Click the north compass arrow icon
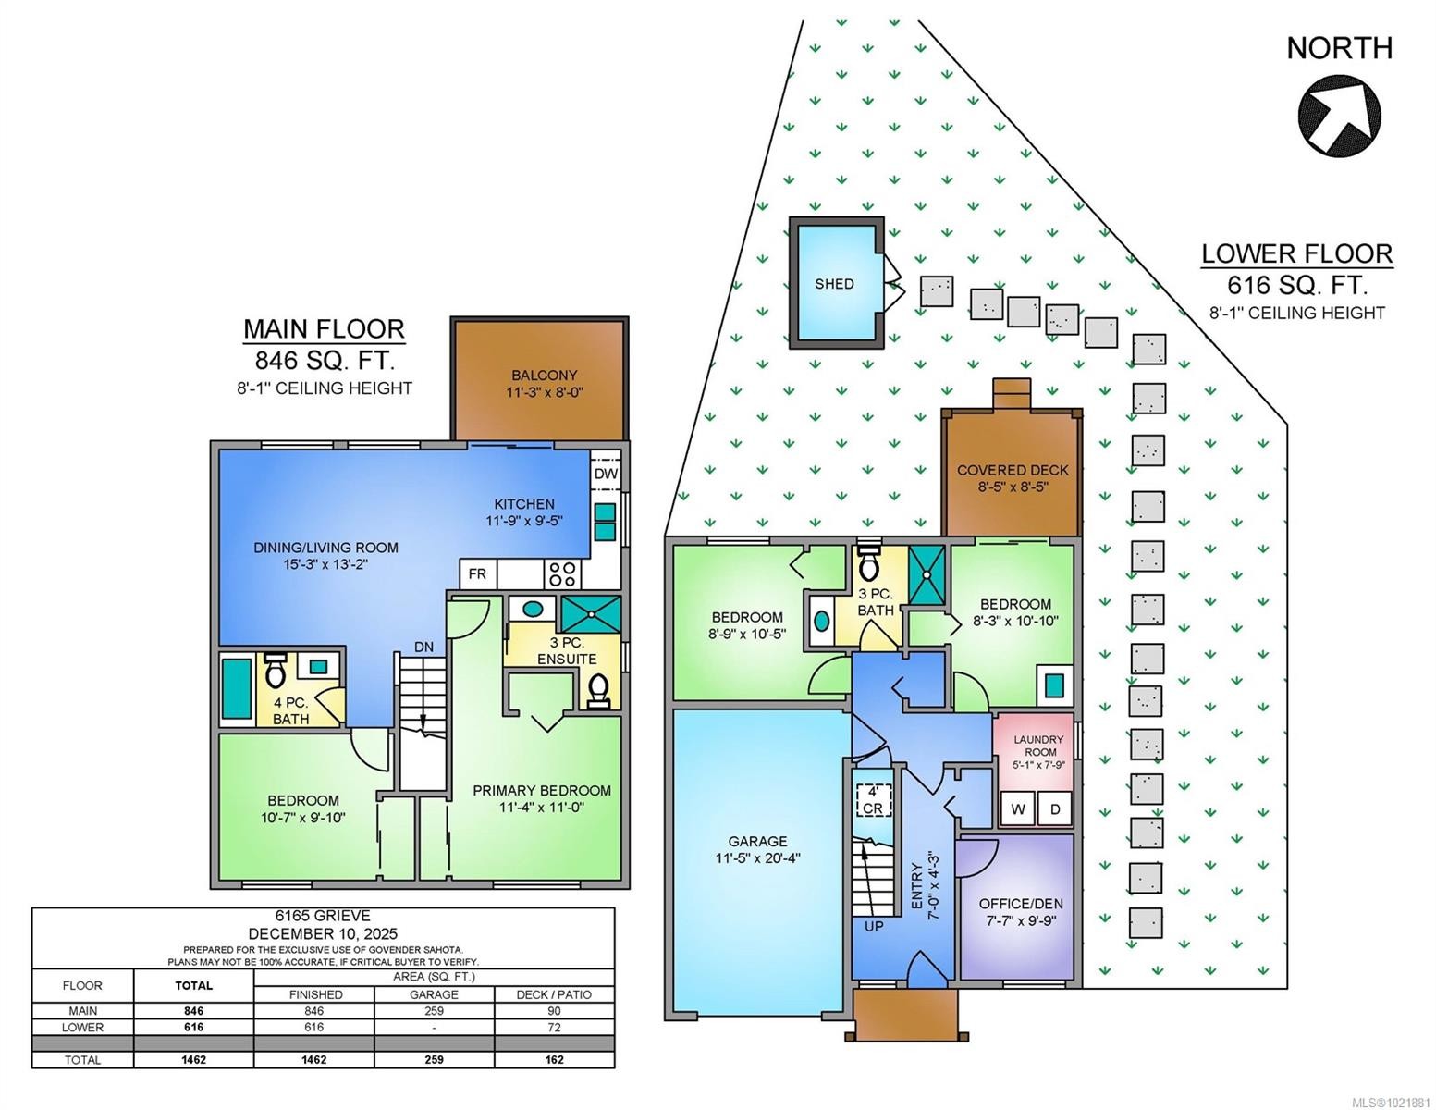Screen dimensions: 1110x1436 click(x=1339, y=117)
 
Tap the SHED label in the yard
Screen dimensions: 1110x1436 click(x=834, y=284)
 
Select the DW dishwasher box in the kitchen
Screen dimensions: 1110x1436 click(x=606, y=474)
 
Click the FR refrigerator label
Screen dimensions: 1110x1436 click(x=477, y=573)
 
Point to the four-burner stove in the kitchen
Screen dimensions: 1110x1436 click(x=562, y=573)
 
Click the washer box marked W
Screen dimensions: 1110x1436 click(x=1018, y=809)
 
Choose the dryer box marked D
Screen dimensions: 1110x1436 click(x=1055, y=809)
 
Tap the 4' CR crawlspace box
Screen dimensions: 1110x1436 click(x=872, y=800)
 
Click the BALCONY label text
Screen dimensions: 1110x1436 click(x=544, y=376)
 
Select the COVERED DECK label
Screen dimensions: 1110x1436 click(x=1013, y=470)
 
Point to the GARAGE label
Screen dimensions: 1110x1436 click(x=757, y=841)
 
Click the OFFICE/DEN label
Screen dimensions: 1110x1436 click(x=1021, y=904)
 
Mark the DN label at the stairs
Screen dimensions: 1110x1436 click(x=423, y=647)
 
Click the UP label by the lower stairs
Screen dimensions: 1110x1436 click(x=874, y=926)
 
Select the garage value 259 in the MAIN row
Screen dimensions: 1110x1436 click(x=434, y=1011)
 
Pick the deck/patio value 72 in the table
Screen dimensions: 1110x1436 click(x=554, y=1027)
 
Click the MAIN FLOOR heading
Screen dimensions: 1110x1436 click(x=324, y=329)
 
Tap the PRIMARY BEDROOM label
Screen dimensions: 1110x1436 click(x=542, y=791)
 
